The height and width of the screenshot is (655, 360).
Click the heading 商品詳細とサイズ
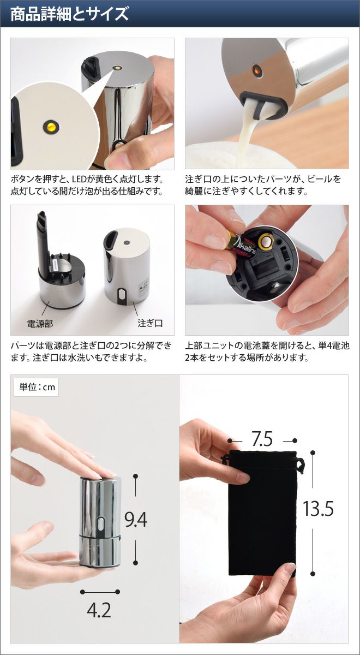tap(70, 14)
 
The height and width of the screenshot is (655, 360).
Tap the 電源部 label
tap(40, 324)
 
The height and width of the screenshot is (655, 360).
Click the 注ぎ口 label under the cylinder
tap(150, 323)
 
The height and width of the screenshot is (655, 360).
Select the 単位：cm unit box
tap(36, 387)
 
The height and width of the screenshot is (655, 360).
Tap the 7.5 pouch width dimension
tap(262, 439)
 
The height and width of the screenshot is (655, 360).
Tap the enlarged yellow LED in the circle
tap(51, 127)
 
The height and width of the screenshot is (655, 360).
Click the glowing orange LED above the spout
tap(257, 70)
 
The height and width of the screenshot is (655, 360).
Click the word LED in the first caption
tap(80, 179)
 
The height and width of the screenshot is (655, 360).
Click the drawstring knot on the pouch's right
tap(300, 465)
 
